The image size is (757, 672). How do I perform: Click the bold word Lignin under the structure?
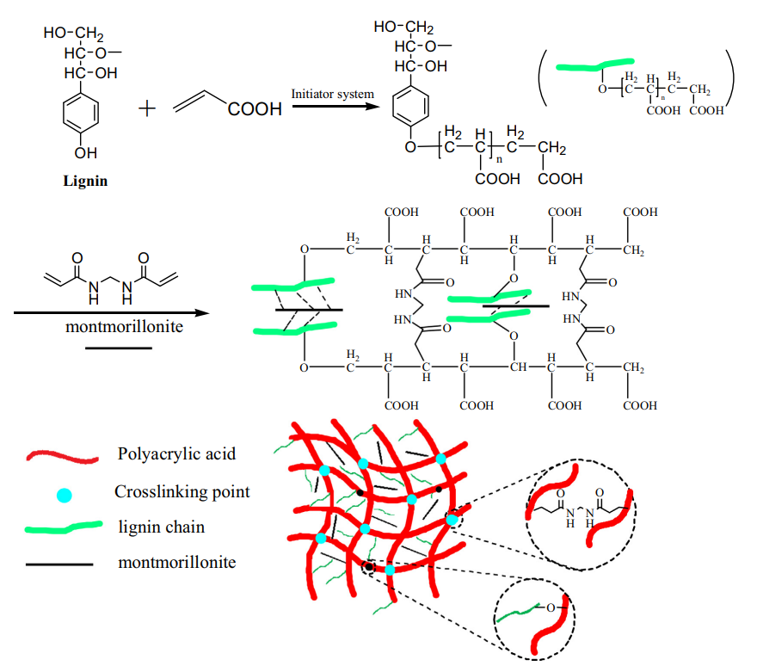click(x=85, y=182)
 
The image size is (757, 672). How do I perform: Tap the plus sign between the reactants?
click(x=147, y=110)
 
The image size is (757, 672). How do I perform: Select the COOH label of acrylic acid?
click(x=255, y=110)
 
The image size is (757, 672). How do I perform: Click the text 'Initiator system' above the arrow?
click(x=332, y=93)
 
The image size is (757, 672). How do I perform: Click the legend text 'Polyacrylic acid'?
click(x=176, y=453)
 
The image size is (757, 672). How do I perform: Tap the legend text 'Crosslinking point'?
click(x=182, y=491)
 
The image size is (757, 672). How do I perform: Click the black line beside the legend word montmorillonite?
click(x=60, y=564)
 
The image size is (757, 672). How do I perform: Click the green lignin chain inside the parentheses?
click(x=594, y=65)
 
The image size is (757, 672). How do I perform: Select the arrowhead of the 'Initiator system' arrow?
click(x=375, y=108)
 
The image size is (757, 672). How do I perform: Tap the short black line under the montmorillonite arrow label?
click(x=118, y=348)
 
